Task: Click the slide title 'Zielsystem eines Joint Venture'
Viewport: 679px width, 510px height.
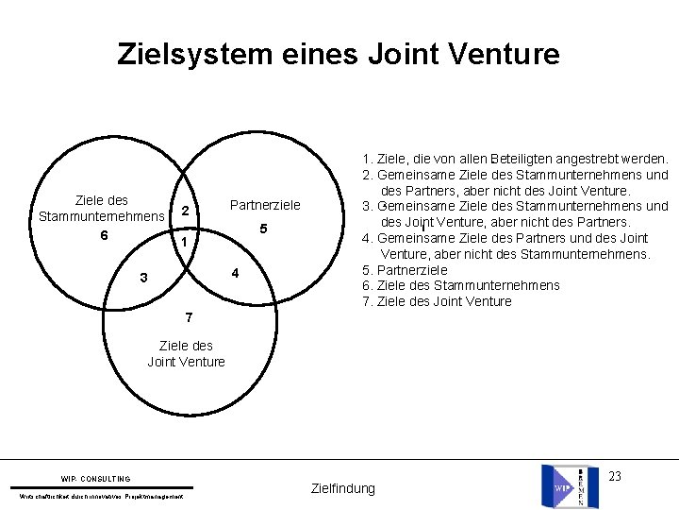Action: pos(339,53)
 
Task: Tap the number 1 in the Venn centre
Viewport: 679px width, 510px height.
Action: pos(186,243)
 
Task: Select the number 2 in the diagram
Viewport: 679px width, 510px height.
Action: pos(186,210)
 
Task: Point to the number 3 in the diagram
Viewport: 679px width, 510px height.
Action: pos(142,278)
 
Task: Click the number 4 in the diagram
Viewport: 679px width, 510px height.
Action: pos(236,274)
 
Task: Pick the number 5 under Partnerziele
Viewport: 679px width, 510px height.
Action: pos(264,229)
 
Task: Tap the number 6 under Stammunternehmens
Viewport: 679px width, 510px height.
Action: pos(105,235)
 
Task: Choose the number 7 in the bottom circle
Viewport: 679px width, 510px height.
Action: pos(189,314)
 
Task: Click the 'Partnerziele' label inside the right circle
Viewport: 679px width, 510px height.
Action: pos(265,205)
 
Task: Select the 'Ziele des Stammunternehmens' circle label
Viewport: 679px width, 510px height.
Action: pos(102,209)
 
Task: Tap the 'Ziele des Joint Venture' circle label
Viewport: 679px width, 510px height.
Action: pos(186,353)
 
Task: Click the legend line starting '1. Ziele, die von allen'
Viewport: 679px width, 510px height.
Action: pos(515,159)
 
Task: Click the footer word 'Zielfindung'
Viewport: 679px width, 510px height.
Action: pos(342,488)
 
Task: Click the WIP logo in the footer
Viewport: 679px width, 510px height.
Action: pos(569,485)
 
